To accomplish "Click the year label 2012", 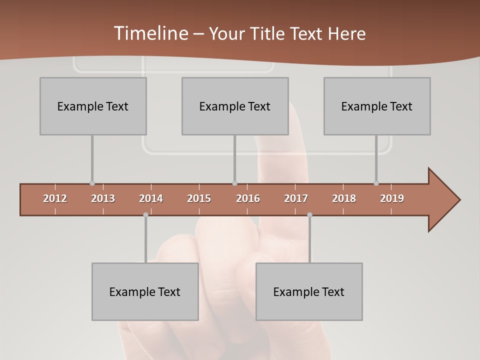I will tap(55, 198).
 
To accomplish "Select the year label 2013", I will tap(103, 198).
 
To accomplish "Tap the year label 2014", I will tap(151, 198).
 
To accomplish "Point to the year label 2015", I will tap(199, 198).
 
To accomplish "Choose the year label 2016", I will tap(248, 198).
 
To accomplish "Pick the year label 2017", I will tap(296, 198).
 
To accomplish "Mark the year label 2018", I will tap(344, 198).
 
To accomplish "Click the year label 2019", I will tap(392, 198).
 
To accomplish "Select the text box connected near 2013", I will tap(93, 106).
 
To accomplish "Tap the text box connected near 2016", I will tap(235, 106).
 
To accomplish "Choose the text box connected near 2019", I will tap(377, 106).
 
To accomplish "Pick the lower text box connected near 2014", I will tap(145, 291).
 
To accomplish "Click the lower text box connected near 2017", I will tap(309, 291).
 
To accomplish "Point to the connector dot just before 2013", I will tap(92, 183).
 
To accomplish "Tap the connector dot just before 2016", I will tap(234, 183).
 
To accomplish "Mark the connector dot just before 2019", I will tap(376, 183).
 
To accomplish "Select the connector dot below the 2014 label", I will tap(145, 215).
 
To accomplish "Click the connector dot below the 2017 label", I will tap(309, 215).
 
